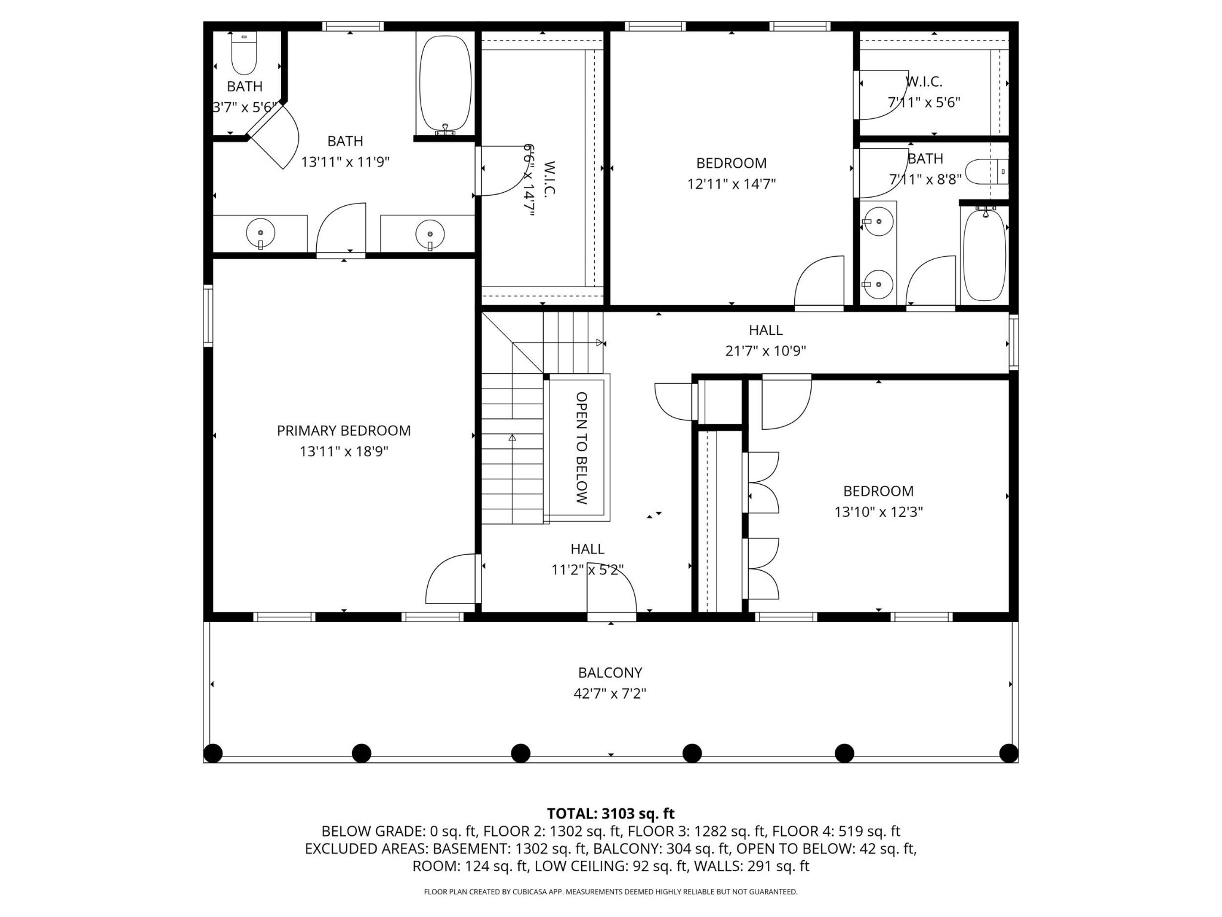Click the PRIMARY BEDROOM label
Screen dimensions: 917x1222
click(x=344, y=430)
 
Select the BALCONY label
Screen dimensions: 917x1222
click(x=610, y=672)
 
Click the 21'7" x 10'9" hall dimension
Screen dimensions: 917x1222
click(x=766, y=350)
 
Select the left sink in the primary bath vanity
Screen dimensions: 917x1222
click(x=261, y=233)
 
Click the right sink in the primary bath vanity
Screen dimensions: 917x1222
click(x=430, y=233)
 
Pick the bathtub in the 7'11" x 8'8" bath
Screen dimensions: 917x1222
click(x=985, y=255)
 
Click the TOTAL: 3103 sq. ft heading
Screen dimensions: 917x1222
click(x=610, y=813)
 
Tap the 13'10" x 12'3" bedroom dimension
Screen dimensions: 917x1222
click(x=878, y=512)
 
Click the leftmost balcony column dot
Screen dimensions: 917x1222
click(x=213, y=753)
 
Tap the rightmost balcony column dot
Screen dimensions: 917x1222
click(x=1008, y=753)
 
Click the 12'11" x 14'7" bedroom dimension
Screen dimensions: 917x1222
click(x=731, y=183)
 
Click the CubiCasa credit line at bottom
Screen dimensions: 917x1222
click(x=610, y=892)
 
